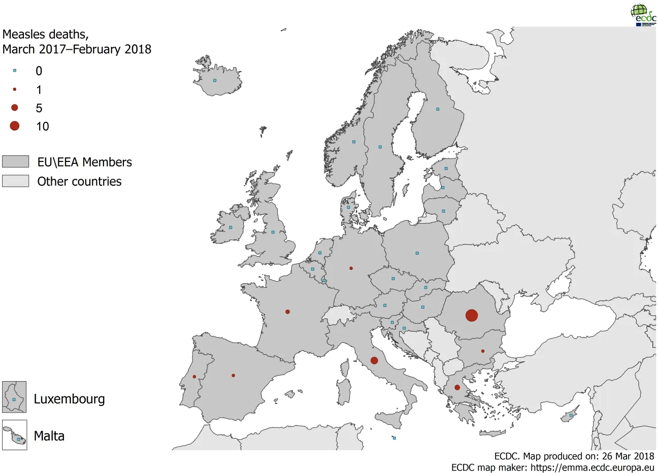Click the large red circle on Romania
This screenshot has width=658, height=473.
pos(472,315)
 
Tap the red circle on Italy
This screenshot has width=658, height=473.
pos(374,361)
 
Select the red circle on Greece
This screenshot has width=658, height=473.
pos(457,387)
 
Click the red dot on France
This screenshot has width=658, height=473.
pos(288,312)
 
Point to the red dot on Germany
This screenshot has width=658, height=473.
pos(351,268)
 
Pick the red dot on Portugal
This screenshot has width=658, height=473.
pos(194,377)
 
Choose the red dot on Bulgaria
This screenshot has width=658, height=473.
pos(483,351)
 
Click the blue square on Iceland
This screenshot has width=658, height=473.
pos(215,80)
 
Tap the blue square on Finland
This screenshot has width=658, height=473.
pos(438,109)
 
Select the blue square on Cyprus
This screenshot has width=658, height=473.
pos(571,416)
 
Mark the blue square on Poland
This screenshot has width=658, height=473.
pos(417,253)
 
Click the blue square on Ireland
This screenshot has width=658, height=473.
pos(231,227)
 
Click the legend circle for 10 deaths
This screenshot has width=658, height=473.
pos(15,126)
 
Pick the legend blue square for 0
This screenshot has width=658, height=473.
pos(15,71)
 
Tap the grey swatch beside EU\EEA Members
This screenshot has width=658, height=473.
pos(15,161)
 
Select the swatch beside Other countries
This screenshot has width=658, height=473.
pos(15,181)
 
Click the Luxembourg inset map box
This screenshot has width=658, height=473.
pos(14,397)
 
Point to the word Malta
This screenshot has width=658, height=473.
pos(49,436)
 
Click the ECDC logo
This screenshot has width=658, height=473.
pos(643,15)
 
